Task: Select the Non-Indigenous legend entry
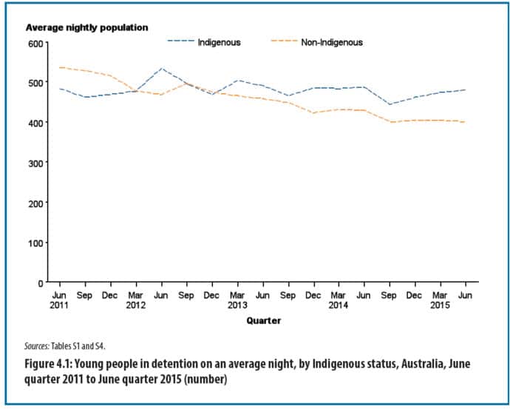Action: (x=331, y=42)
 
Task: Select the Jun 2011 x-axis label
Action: (x=59, y=300)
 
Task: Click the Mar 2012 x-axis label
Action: (x=135, y=300)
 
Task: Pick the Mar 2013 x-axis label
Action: (x=237, y=300)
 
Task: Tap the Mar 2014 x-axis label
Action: (x=339, y=300)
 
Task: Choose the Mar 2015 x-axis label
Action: (x=441, y=300)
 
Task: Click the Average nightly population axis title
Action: (x=87, y=27)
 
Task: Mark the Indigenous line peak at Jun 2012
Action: (x=161, y=69)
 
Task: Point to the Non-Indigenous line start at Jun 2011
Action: (x=60, y=67)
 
